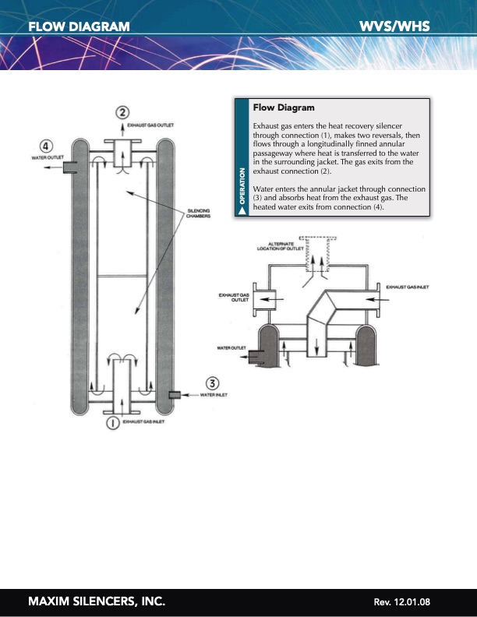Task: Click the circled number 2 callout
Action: (123, 112)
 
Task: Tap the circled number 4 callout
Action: (48, 146)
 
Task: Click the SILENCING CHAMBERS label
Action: (198, 213)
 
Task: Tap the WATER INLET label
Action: (214, 396)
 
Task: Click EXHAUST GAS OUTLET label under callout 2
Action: (150, 125)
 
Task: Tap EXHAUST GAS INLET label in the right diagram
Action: (408, 287)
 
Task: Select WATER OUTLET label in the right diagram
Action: (231, 347)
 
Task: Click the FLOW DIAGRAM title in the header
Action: (79, 26)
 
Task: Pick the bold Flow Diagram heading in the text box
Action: (284, 108)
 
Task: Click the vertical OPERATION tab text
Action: (242, 185)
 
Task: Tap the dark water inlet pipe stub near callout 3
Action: (175, 396)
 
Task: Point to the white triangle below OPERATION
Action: (242, 210)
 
